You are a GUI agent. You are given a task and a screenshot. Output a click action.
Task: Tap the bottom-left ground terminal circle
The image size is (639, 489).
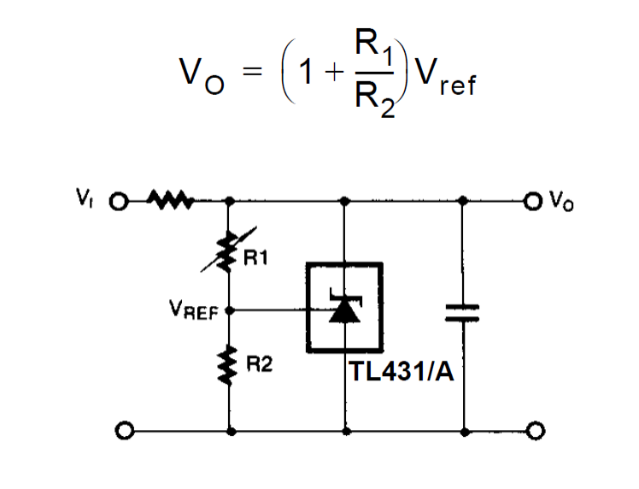[x=125, y=430]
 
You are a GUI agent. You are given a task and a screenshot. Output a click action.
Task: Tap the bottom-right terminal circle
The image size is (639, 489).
[x=535, y=430]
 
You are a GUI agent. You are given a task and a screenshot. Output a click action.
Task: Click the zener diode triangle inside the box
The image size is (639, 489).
[x=344, y=311]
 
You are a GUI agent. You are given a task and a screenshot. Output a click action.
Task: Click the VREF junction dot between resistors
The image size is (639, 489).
[x=228, y=313]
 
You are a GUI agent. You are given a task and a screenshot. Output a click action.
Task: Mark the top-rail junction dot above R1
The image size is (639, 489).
[x=229, y=203]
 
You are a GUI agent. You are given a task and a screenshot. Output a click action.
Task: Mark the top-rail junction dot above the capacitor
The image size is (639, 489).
[x=464, y=203]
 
